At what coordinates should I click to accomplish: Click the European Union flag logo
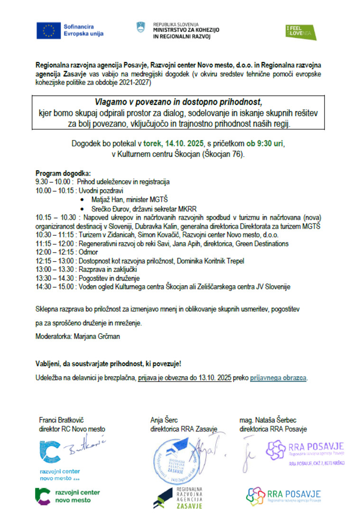point(48,30)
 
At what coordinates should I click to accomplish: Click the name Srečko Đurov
point(112,209)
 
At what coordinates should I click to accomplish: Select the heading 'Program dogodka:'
point(63,173)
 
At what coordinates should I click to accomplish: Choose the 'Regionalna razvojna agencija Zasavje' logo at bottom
point(178,497)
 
